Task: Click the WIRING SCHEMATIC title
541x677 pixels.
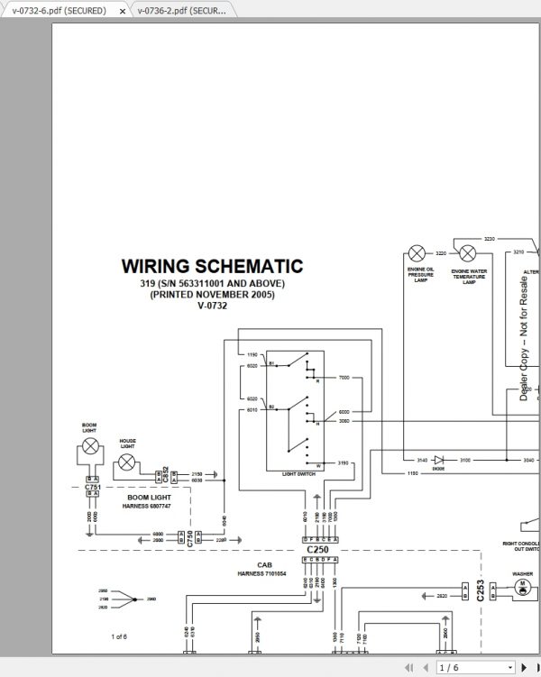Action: pyautogui.click(x=212, y=267)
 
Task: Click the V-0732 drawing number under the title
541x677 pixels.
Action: pyautogui.click(x=212, y=306)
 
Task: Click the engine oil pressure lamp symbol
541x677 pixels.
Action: pyautogui.click(x=417, y=253)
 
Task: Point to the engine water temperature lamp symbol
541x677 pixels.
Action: pyautogui.click(x=468, y=253)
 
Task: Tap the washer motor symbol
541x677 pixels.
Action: pyautogui.click(x=521, y=587)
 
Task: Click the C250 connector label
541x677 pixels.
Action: pyautogui.click(x=317, y=549)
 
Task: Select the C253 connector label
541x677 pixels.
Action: pyautogui.click(x=481, y=590)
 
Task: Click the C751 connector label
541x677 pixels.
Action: pyautogui.click(x=92, y=488)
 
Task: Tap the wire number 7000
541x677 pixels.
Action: pyautogui.click(x=344, y=378)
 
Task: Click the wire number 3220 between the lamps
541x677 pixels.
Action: pyautogui.click(x=442, y=253)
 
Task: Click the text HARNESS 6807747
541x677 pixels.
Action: pyautogui.click(x=147, y=507)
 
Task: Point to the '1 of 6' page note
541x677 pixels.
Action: pyautogui.click(x=119, y=636)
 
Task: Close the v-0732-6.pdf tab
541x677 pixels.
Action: pyautogui.click(x=122, y=11)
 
